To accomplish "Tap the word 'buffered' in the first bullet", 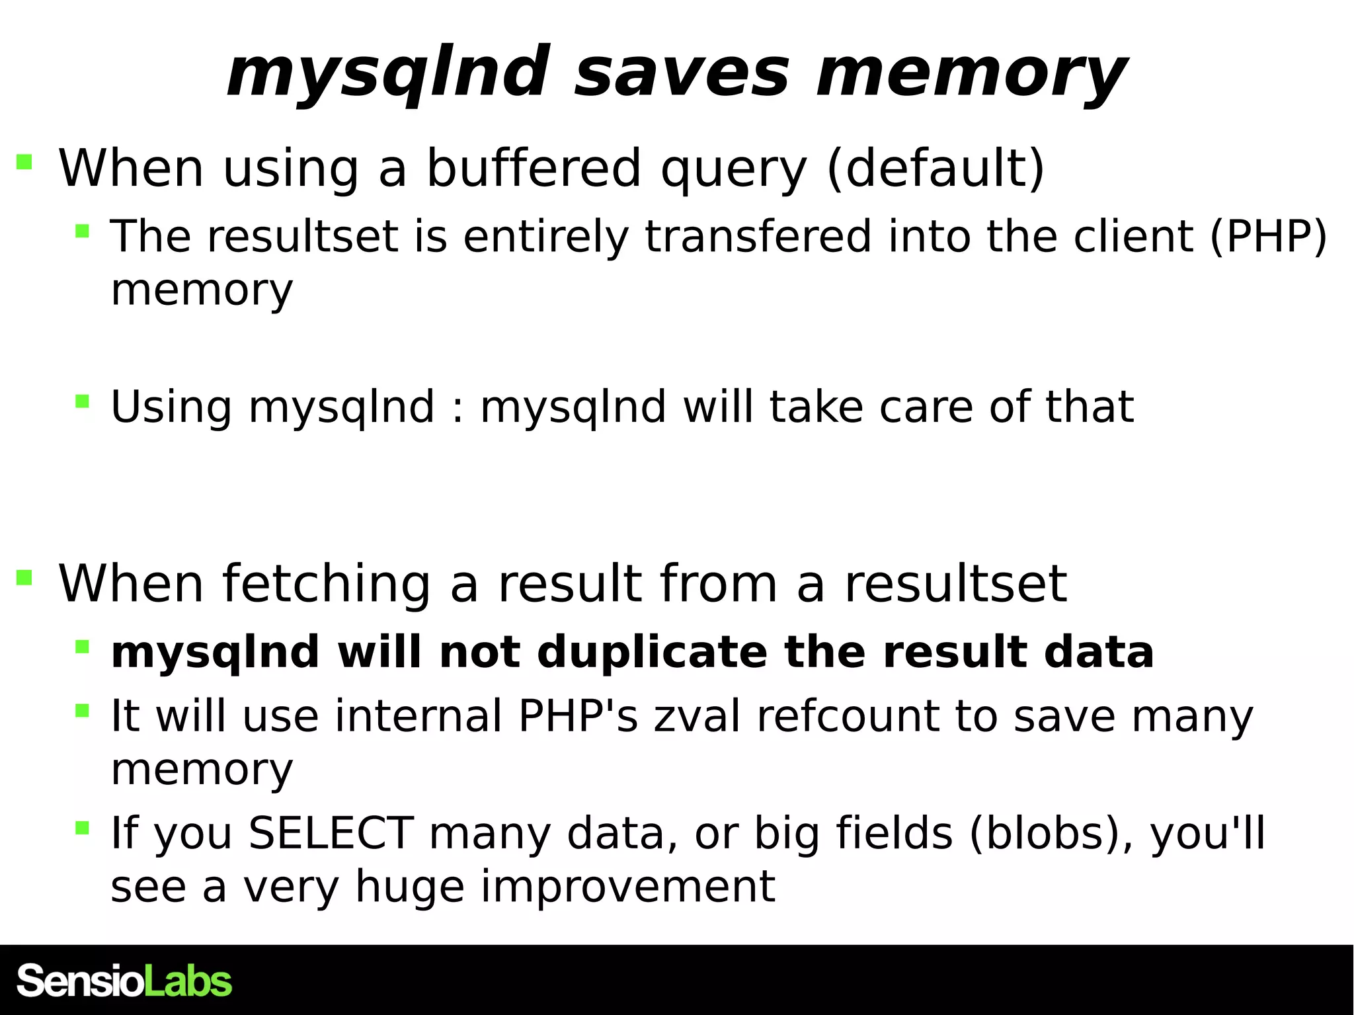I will [533, 168].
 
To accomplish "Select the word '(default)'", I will [936, 168].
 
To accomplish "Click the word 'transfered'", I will [758, 236].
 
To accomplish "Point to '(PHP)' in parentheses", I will [1268, 236].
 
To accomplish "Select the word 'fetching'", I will [327, 584].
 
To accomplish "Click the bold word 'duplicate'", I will [652, 653].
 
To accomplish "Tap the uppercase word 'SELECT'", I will [331, 832].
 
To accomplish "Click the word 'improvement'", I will [627, 887].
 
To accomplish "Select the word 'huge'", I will [409, 887].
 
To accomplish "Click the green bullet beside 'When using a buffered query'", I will [24, 162].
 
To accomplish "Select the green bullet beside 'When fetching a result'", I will [24, 578].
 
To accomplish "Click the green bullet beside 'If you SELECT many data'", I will [82, 827].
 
